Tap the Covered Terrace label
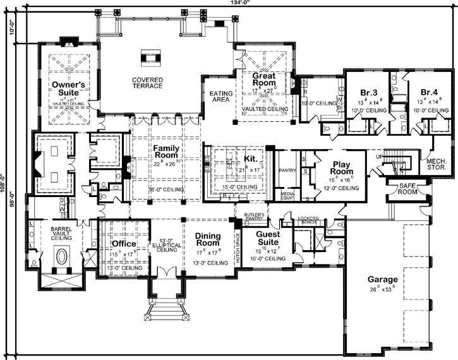(x=147, y=83)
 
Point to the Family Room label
(x=166, y=153)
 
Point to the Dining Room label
(x=208, y=239)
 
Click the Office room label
(x=124, y=243)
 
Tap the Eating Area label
(x=221, y=97)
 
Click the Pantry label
(x=287, y=170)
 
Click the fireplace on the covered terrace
(x=148, y=56)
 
